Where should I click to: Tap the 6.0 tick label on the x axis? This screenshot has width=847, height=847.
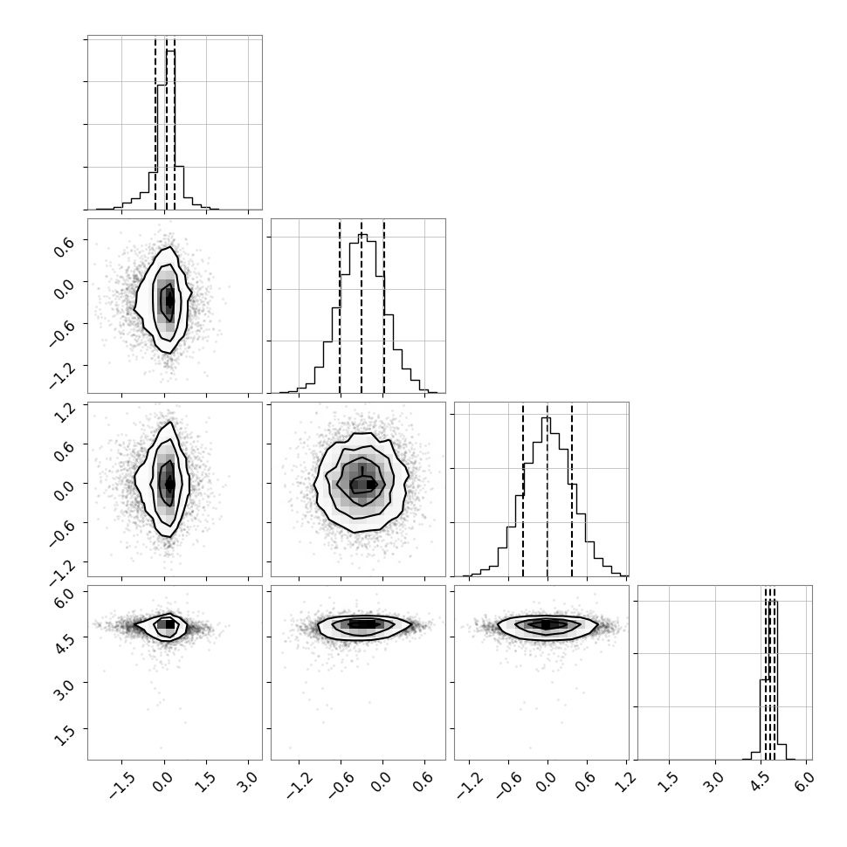[803, 782]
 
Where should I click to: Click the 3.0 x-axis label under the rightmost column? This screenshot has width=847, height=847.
[713, 782]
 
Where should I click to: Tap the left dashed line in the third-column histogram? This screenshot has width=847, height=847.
[523, 489]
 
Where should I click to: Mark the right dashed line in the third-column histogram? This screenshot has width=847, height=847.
[572, 489]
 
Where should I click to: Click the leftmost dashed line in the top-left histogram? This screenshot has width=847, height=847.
[155, 123]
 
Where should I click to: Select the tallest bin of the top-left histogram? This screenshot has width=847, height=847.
[170, 129]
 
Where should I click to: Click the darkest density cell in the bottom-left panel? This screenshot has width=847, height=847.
[169, 624]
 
